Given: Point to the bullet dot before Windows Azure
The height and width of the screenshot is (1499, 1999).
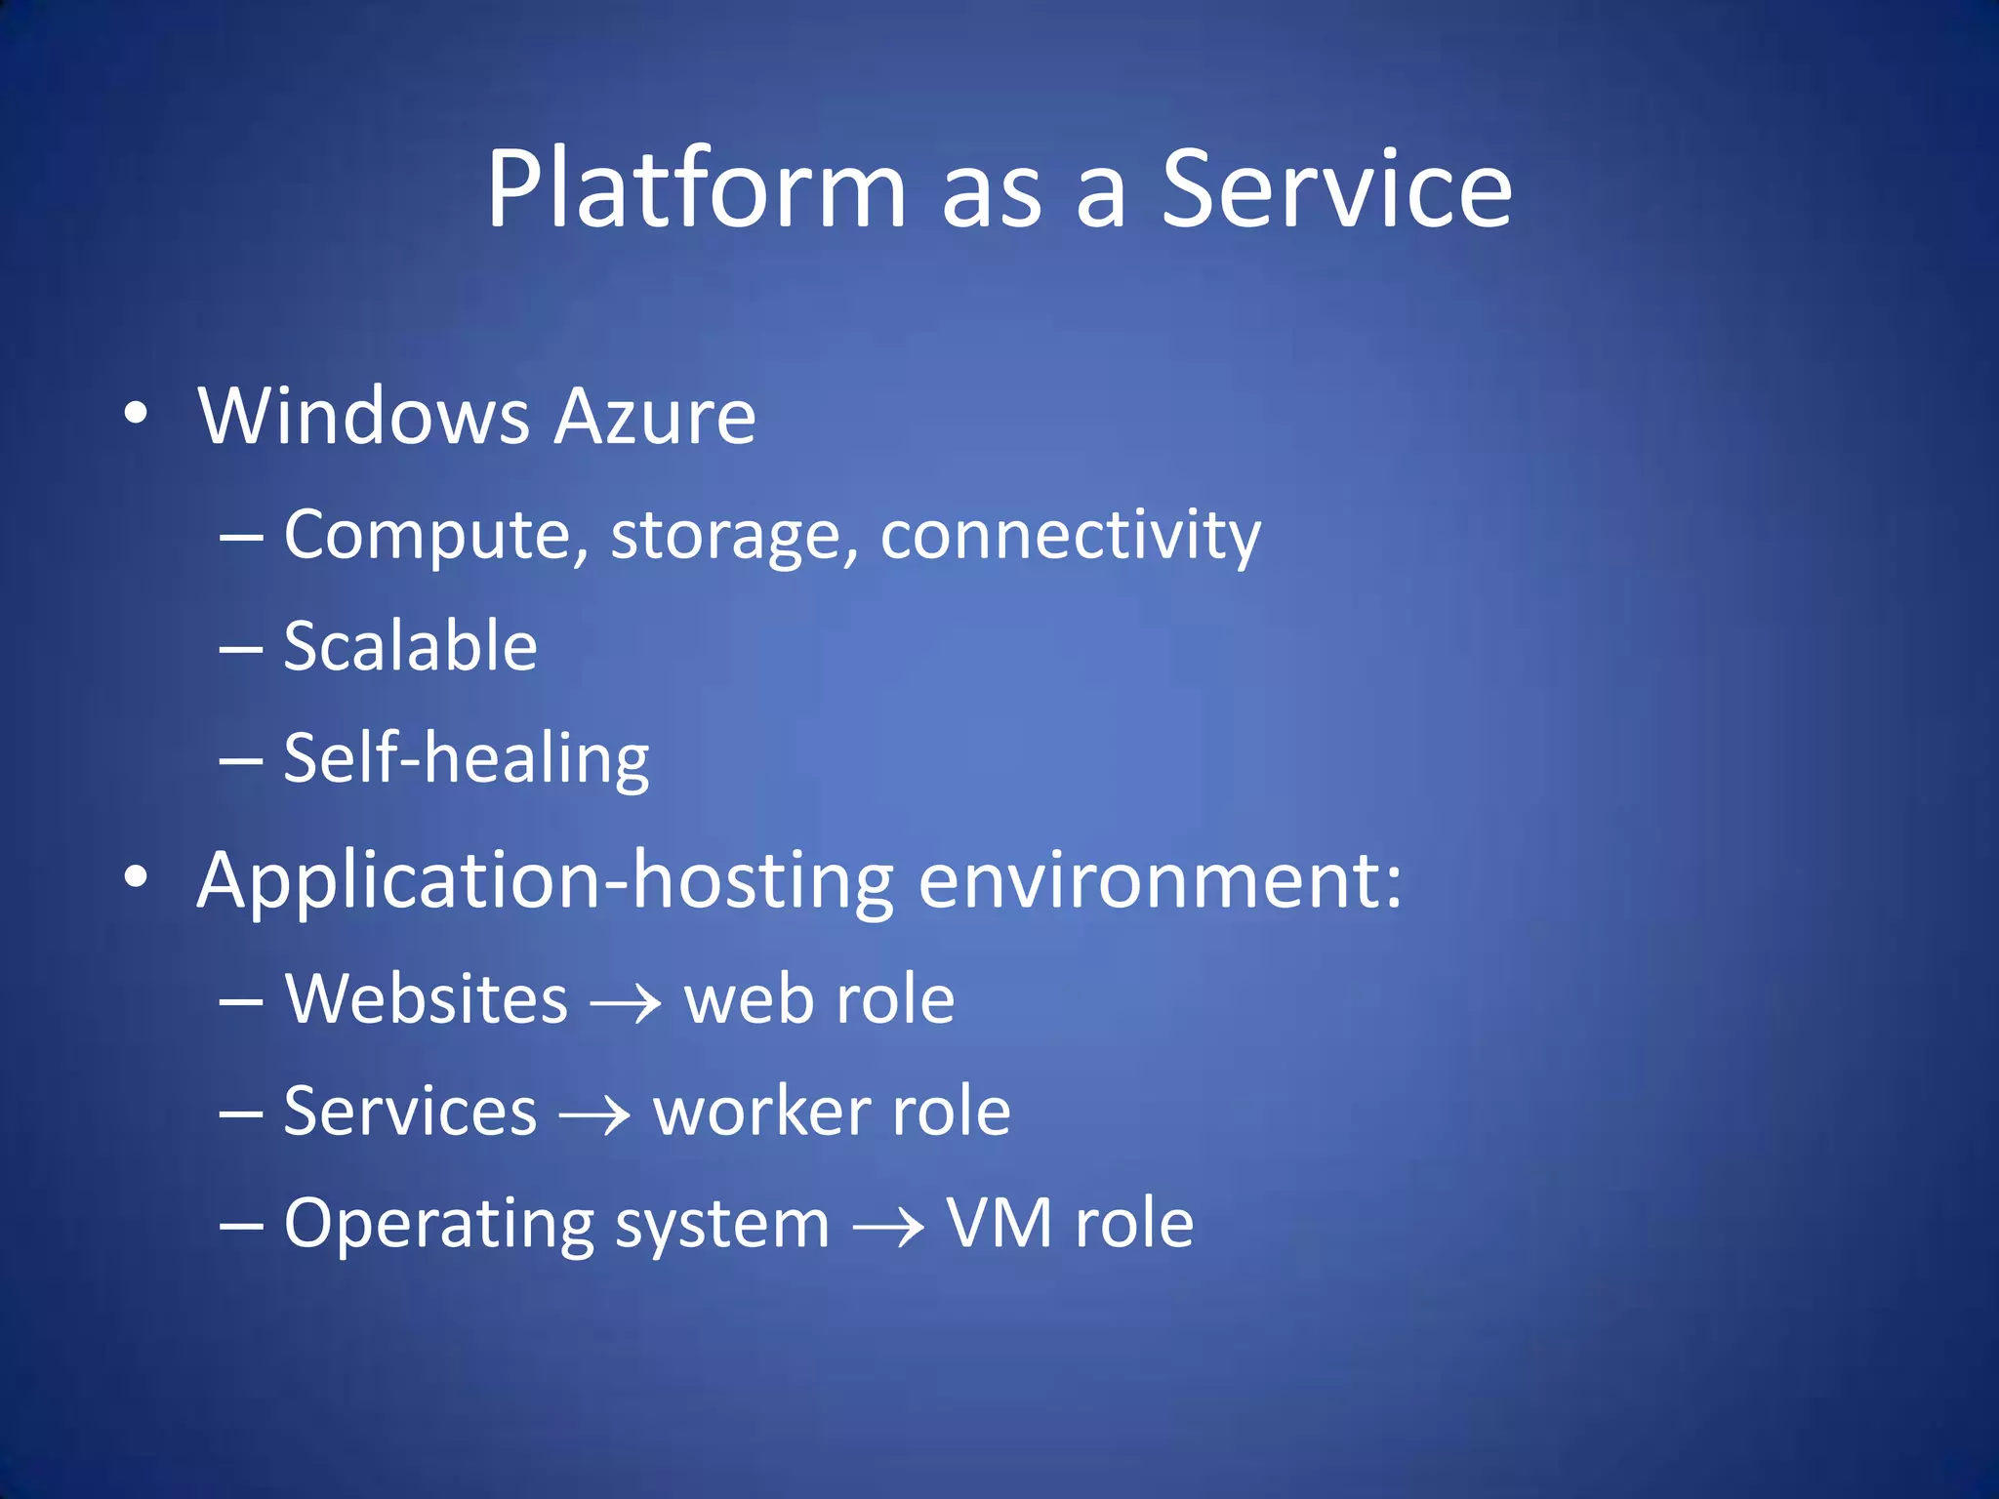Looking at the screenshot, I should pos(136,413).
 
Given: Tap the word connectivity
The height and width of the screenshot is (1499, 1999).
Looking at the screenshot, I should pos(1070,536).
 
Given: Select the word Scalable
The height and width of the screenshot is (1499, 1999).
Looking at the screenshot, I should pos(410,646).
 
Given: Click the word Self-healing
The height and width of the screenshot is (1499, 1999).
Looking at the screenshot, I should pos(466,759).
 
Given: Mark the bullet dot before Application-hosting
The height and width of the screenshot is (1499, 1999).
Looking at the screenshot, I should pos(136,876).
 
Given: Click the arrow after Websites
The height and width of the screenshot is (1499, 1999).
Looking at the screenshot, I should pos(626,1002).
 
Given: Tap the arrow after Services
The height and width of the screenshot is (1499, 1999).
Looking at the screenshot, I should pos(594,1114).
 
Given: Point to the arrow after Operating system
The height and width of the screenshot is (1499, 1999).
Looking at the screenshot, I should pos(888,1227).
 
